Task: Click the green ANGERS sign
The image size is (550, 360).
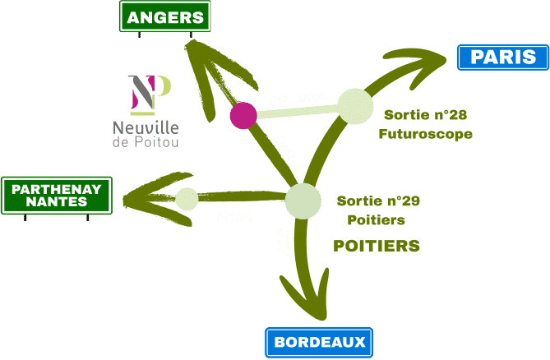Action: click(165, 16)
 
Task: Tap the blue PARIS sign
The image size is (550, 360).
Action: click(501, 58)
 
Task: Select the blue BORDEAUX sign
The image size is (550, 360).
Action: click(319, 342)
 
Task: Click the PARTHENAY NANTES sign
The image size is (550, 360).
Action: click(57, 196)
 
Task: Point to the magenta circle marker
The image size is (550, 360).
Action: click(243, 115)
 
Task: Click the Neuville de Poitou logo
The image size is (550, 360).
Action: click(146, 110)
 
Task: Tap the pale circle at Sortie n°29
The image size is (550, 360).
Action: click(303, 201)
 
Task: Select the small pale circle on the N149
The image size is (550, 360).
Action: click(187, 199)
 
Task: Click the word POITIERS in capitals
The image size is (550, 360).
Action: click(377, 246)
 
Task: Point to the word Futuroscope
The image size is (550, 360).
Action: click(425, 134)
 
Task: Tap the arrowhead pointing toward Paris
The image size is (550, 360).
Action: click(423, 60)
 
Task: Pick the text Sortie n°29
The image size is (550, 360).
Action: click(379, 201)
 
